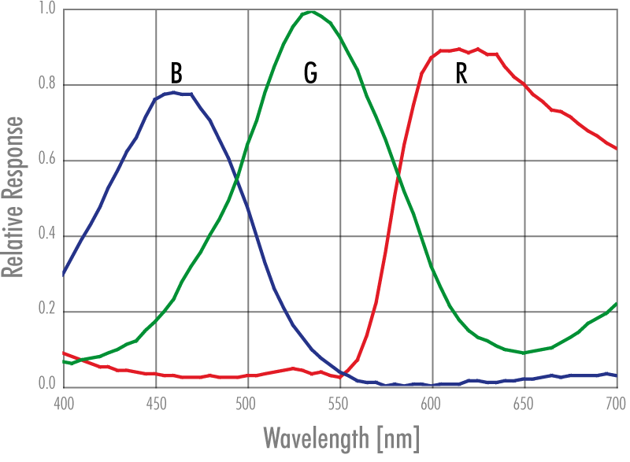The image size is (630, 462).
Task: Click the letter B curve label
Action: (176, 73)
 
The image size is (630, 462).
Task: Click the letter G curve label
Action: (310, 73)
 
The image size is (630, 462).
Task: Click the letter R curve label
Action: (461, 73)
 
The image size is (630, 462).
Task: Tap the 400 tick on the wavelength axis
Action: (64, 402)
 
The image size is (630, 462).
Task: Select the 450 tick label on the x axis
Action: (156, 402)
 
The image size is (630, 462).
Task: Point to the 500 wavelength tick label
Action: (248, 402)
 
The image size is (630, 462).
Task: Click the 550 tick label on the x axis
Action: (340, 402)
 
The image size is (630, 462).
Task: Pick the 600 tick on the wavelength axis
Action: (432, 402)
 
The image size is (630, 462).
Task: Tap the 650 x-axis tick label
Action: (524, 402)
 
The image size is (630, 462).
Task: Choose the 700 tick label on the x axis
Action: (616, 402)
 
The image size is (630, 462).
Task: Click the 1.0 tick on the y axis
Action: (46, 10)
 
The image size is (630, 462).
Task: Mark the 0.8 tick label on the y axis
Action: (46, 85)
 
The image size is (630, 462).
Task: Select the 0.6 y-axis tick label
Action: (46, 161)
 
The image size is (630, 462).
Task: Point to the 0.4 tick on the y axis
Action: (46, 236)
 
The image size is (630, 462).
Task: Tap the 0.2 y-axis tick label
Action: (46, 312)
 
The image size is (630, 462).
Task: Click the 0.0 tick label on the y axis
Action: (46, 384)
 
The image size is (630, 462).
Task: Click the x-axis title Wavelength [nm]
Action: (340, 436)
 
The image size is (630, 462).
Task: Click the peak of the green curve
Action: (312, 12)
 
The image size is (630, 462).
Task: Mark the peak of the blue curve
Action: (172, 92)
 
